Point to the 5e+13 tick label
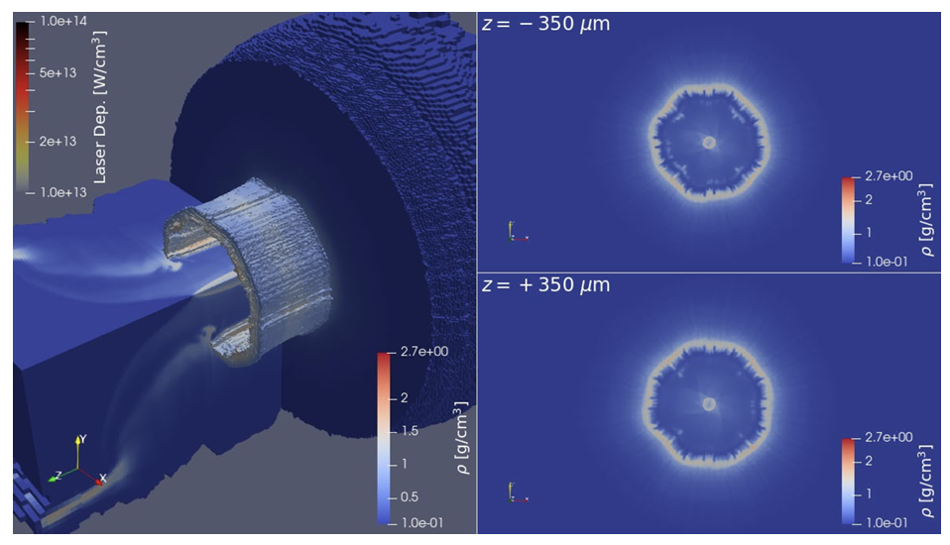coord(59,73)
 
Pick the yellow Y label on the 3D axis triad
coord(83,437)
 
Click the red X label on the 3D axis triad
coord(103,478)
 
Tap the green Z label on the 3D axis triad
coord(58,475)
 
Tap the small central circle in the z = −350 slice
coord(708,143)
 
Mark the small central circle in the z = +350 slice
coord(708,403)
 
